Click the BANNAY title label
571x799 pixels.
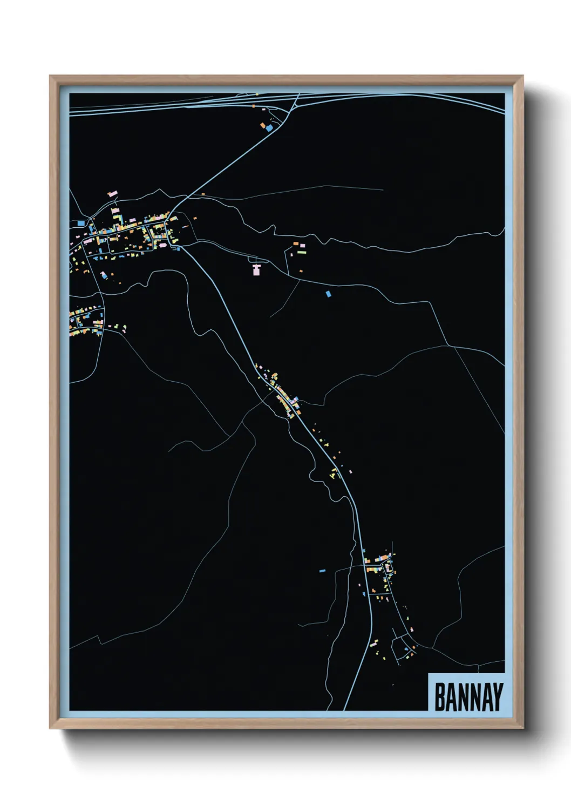point(468,696)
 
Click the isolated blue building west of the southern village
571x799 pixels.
point(322,570)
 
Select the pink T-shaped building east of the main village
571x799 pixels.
point(256,268)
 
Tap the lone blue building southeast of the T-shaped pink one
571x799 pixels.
point(328,294)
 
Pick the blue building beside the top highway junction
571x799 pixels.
point(269,127)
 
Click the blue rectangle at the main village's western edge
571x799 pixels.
point(81,222)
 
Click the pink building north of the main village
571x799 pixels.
point(112,193)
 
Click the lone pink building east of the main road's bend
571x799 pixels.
point(350,472)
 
